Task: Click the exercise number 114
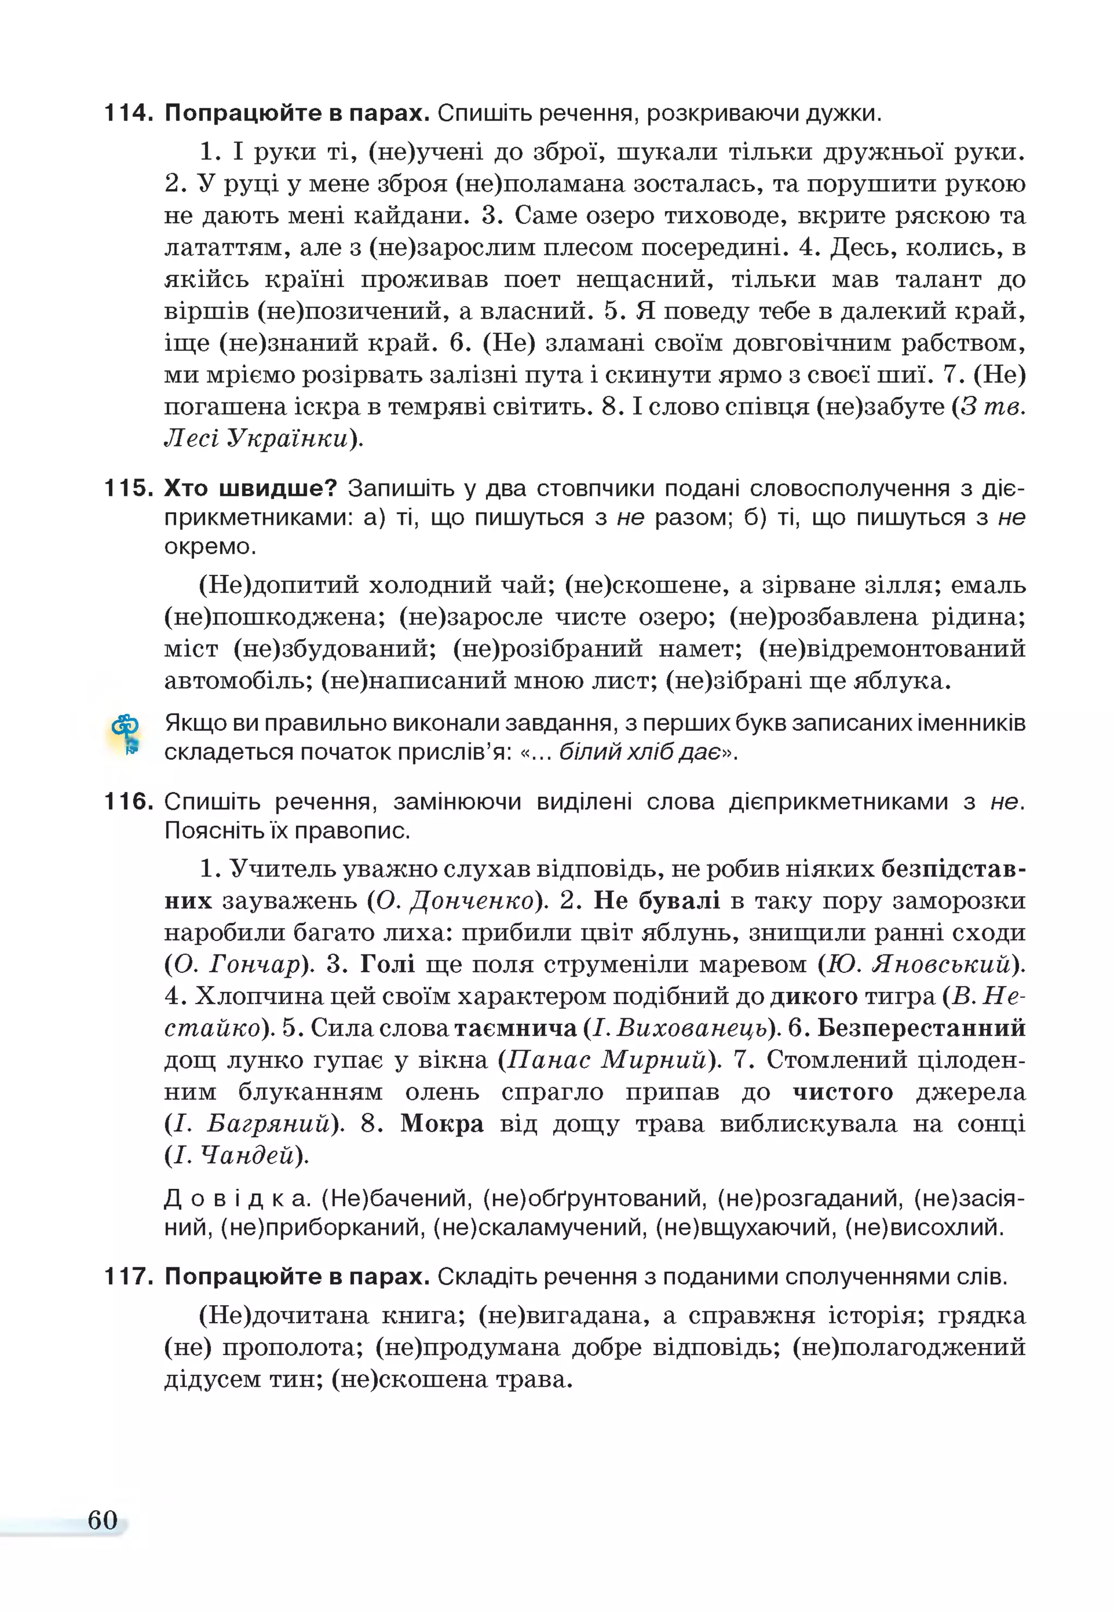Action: pos(128,113)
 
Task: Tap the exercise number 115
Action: pos(128,488)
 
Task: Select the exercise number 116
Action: pos(128,801)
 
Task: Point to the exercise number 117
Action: pos(128,1277)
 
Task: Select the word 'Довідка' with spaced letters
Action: pos(237,1199)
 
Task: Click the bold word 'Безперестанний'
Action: pos(921,1028)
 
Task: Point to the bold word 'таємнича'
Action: pos(515,1028)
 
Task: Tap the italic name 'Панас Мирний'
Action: pos(606,1060)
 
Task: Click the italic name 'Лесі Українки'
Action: pos(256,438)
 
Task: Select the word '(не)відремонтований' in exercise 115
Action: pos(892,648)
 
